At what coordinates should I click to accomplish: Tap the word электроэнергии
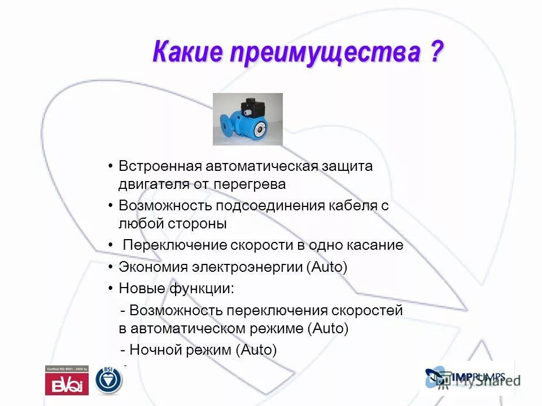click(248, 267)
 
